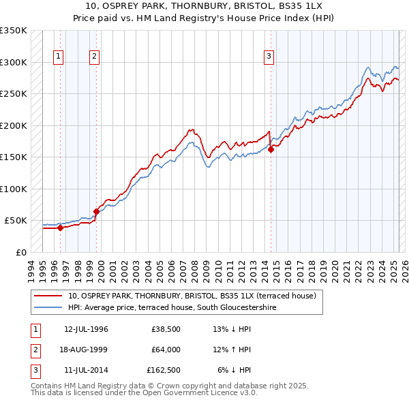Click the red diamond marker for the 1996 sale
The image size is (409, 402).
pos(60,228)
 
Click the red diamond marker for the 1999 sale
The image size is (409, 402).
pos(96,212)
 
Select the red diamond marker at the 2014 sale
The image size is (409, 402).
pos(271,150)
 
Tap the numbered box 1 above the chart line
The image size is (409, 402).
pos(59,57)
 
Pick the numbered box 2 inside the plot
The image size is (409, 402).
pos(94,57)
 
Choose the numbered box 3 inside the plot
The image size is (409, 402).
pos(269,57)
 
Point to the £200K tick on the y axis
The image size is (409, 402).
pos(14,125)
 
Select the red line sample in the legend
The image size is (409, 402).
pos(48,296)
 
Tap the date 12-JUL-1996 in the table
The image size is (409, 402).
pos(86,330)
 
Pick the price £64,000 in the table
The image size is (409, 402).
pos(166,350)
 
